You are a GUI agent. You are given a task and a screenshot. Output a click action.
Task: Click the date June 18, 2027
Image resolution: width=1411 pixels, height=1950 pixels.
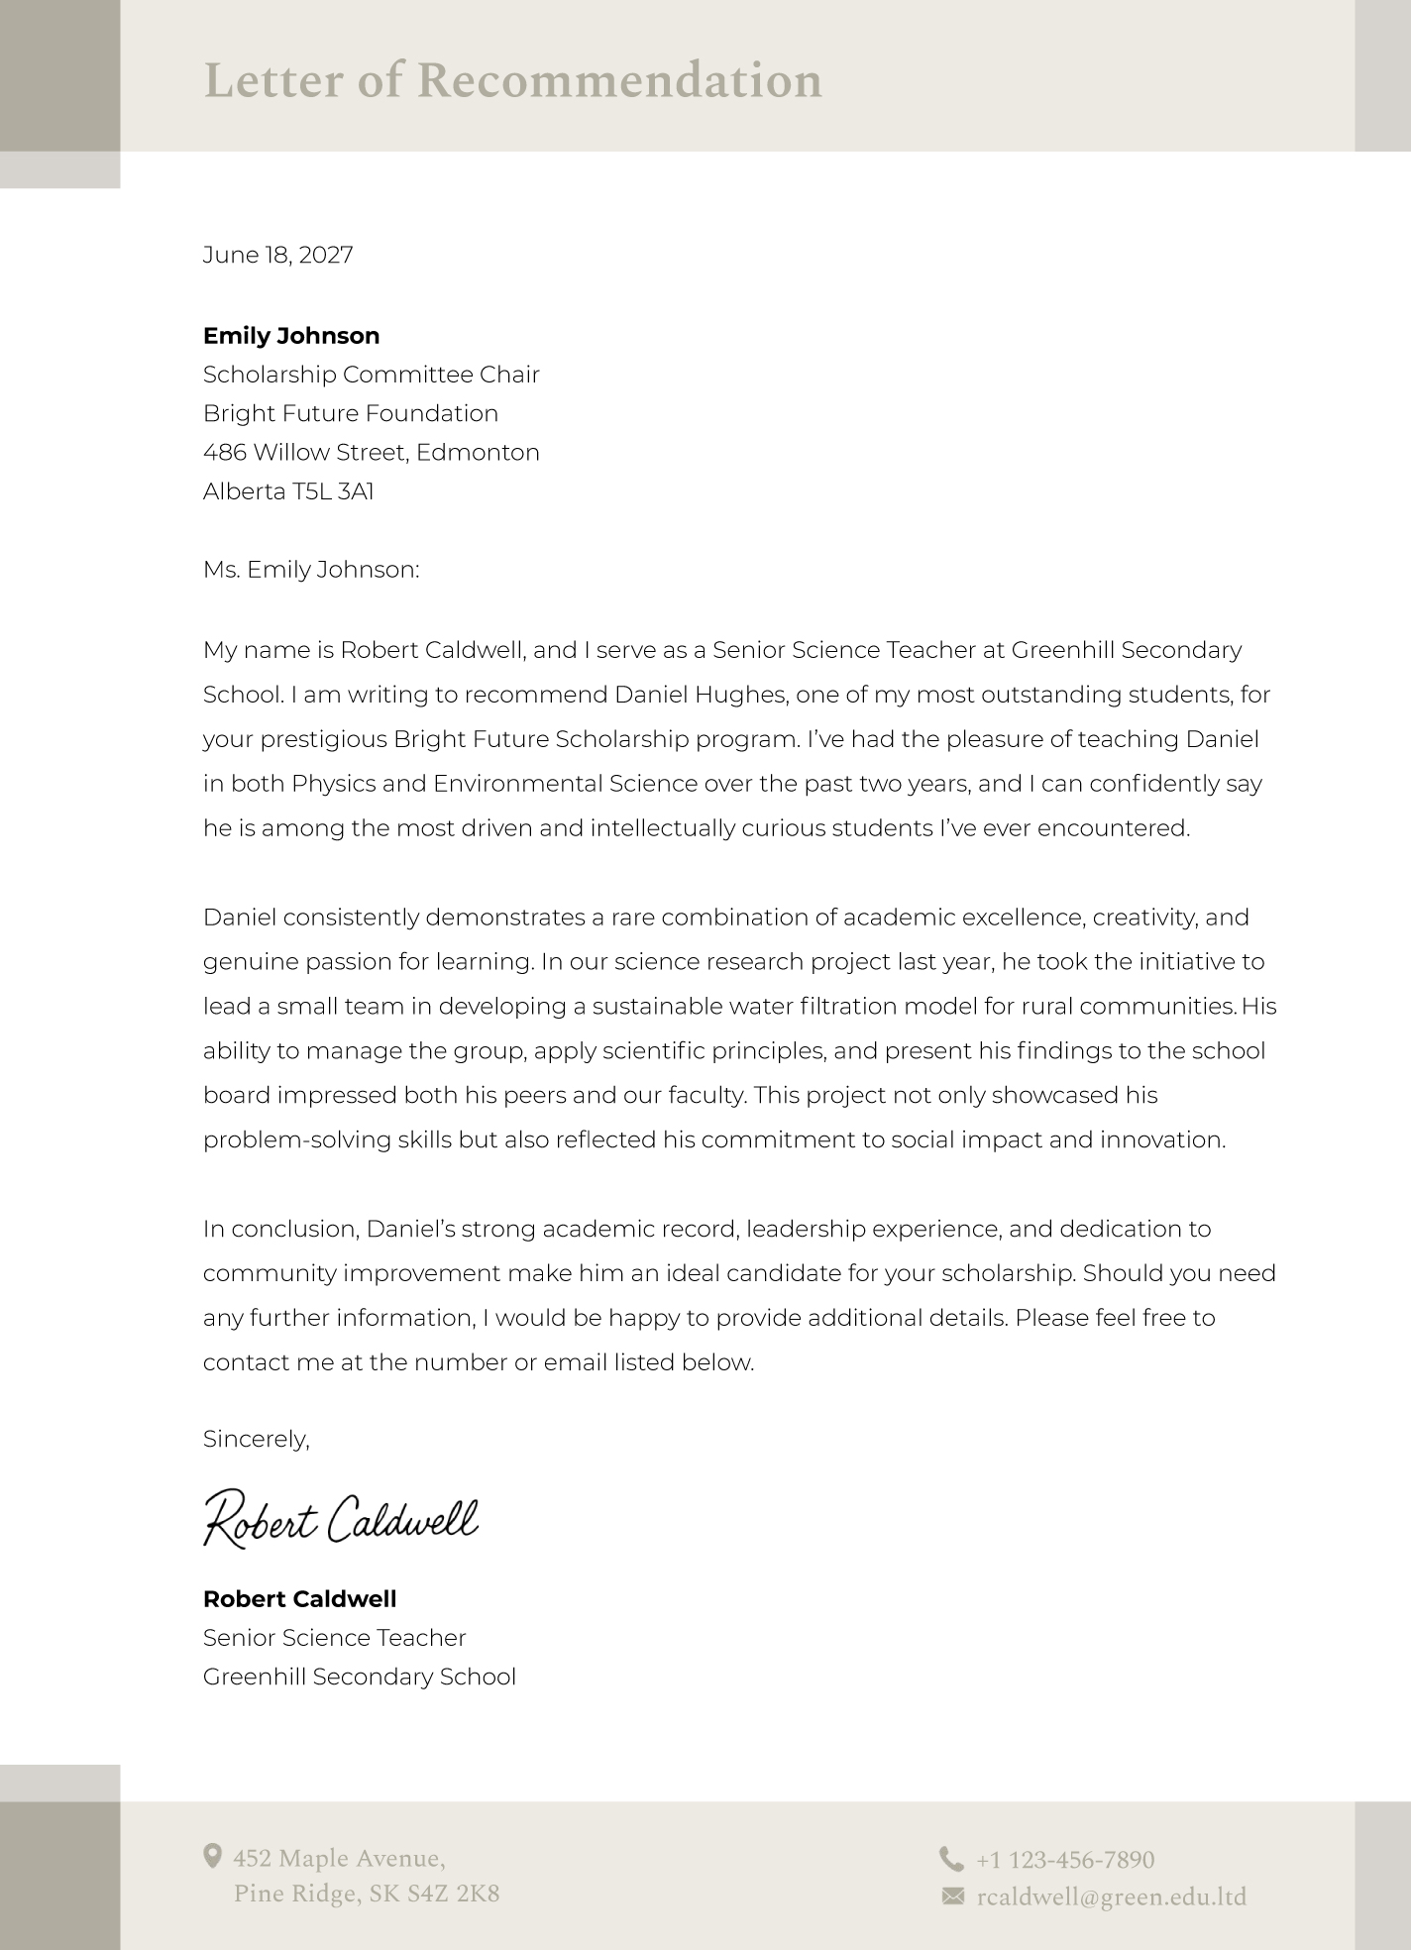pyautogui.click(x=277, y=256)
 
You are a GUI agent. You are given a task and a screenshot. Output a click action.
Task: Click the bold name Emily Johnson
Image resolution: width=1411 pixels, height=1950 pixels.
pyautogui.click(x=291, y=336)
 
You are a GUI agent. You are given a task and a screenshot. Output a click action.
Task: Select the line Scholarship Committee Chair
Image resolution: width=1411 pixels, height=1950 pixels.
pyautogui.click(x=371, y=375)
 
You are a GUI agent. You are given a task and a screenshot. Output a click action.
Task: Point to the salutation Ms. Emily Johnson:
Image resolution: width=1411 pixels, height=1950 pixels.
pyautogui.click(x=311, y=570)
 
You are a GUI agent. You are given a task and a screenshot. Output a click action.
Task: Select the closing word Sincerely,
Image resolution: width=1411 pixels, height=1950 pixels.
pyautogui.click(x=256, y=1439)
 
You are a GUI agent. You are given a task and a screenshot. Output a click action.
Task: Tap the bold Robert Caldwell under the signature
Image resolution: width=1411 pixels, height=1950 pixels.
pyautogui.click(x=299, y=1598)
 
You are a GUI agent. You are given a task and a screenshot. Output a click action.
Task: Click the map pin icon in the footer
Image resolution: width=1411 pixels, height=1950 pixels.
pyautogui.click(x=212, y=1856)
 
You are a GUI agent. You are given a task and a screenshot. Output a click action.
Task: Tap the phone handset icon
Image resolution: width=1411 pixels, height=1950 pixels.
pyautogui.click(x=951, y=1858)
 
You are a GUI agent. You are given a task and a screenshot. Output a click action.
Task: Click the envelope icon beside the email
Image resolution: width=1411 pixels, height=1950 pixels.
pyautogui.click(x=952, y=1896)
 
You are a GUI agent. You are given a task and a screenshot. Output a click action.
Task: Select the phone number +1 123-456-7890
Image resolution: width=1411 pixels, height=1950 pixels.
pyautogui.click(x=1065, y=1860)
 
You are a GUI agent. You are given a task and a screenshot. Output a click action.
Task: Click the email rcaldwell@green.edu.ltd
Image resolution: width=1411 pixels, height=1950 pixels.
pyautogui.click(x=1111, y=1897)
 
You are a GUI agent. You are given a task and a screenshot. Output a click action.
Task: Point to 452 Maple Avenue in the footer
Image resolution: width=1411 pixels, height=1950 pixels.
pyautogui.click(x=339, y=1858)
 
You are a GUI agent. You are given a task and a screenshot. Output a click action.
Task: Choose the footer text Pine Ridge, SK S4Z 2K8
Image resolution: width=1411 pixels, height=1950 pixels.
pyautogui.click(x=367, y=1895)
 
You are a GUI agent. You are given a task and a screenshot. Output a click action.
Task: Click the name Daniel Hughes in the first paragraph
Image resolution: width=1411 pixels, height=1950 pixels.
pyautogui.click(x=701, y=695)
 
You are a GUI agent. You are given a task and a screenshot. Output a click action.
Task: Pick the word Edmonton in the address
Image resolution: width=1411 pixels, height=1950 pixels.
pyautogui.click(x=478, y=453)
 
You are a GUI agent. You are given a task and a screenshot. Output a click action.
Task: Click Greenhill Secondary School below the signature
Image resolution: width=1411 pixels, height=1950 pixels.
pyautogui.click(x=359, y=1677)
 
